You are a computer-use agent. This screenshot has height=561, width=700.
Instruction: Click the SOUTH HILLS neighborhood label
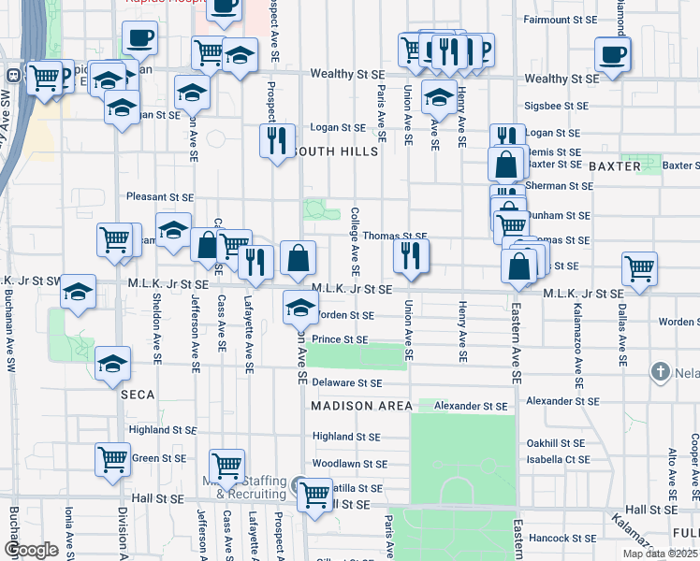pyautogui.click(x=335, y=151)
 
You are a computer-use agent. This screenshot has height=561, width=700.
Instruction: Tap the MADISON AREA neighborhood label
pyautogui.click(x=361, y=406)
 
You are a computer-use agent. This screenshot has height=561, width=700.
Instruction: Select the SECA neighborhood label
pyautogui.click(x=137, y=395)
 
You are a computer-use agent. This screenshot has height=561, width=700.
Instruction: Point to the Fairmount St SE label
pyautogui.click(x=560, y=19)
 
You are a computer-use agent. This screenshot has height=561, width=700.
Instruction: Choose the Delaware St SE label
pyautogui.click(x=347, y=383)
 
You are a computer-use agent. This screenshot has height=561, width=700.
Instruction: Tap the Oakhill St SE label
pyautogui.click(x=555, y=443)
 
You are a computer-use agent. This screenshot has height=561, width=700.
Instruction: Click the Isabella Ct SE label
pyautogui.click(x=558, y=460)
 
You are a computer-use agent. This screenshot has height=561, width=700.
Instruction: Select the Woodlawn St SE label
pyautogui.click(x=350, y=464)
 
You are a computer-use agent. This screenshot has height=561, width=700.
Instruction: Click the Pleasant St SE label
pyautogui.click(x=160, y=198)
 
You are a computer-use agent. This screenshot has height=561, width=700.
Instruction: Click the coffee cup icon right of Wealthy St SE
pyautogui.click(x=612, y=54)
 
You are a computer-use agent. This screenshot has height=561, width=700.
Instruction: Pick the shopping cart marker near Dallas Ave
pyautogui.click(x=639, y=268)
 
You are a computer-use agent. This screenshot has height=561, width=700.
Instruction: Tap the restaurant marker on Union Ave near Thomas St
pyautogui.click(x=410, y=255)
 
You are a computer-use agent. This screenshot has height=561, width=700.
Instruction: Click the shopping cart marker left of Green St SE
pyautogui.click(x=112, y=459)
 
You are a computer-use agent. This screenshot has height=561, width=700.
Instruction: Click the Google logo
pyautogui.click(x=32, y=550)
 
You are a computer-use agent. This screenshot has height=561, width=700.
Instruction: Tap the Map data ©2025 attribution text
pyautogui.click(x=659, y=554)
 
